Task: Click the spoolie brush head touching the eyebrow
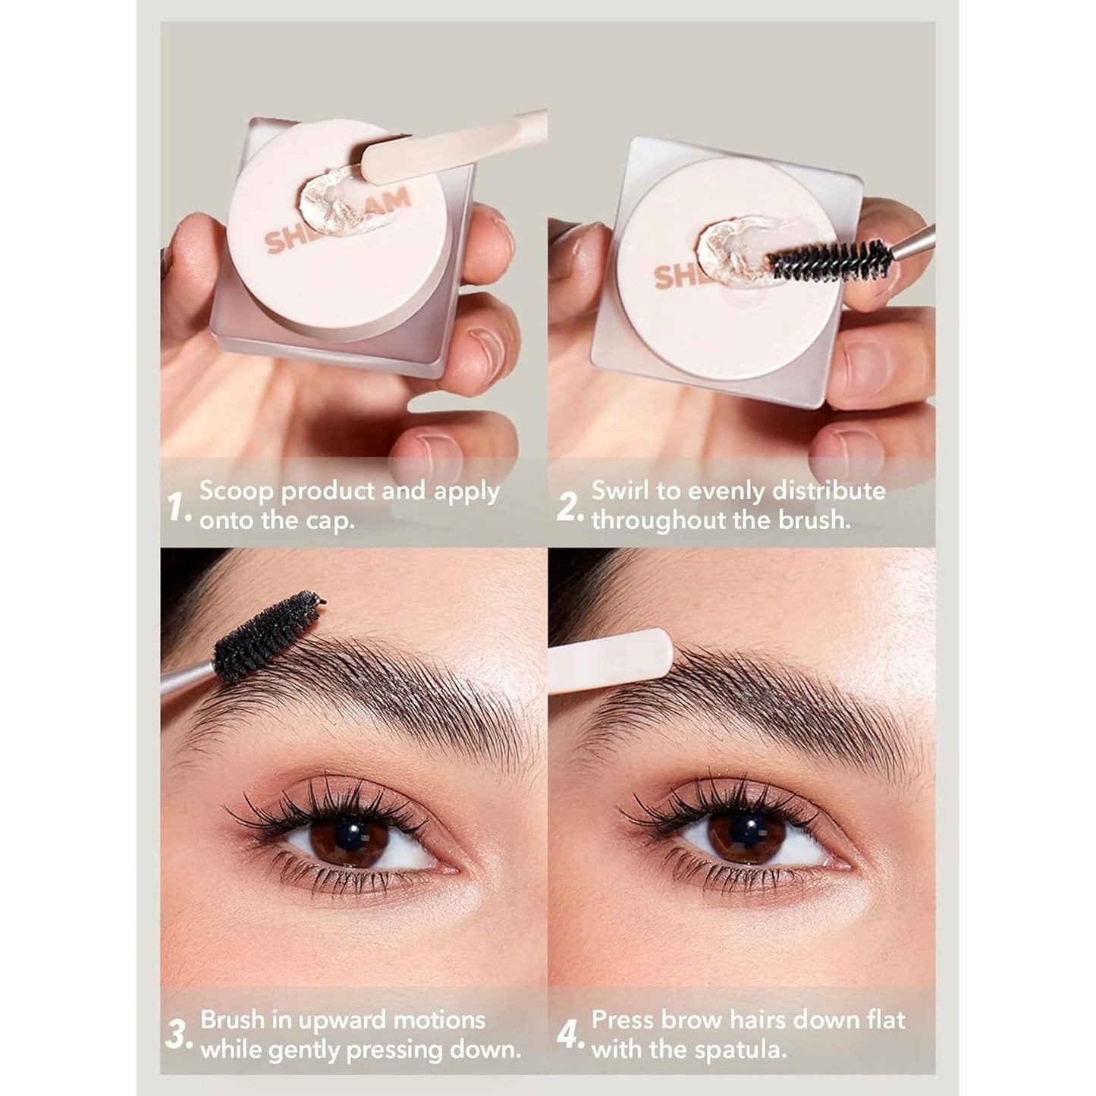pos(267,636)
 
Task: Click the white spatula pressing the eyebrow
pos(611,660)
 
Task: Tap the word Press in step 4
pos(625,1020)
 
